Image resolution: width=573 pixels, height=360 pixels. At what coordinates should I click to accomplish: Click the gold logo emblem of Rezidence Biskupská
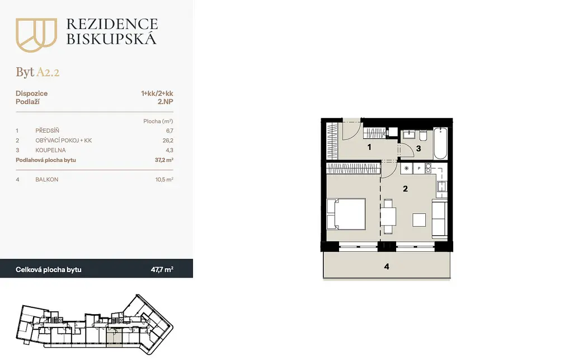pyautogui.click(x=36, y=35)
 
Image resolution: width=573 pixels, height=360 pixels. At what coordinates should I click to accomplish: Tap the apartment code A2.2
pyautogui.click(x=48, y=72)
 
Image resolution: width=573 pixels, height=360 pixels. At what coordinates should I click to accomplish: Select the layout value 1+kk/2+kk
pyautogui.click(x=157, y=93)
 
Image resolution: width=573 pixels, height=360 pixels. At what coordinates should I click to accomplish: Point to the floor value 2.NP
pyautogui.click(x=166, y=102)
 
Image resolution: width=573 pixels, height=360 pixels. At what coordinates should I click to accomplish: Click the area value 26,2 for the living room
pyautogui.click(x=168, y=141)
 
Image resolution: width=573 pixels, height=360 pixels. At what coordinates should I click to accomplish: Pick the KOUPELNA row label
pyautogui.click(x=50, y=150)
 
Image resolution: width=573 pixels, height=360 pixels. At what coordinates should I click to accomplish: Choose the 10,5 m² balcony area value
pyautogui.click(x=164, y=180)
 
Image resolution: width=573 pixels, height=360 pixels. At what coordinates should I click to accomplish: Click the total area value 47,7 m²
pyautogui.click(x=162, y=270)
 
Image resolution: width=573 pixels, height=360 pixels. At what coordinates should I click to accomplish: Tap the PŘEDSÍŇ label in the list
pyautogui.click(x=47, y=130)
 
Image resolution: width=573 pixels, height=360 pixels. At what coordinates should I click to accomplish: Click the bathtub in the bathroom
pyautogui.click(x=440, y=143)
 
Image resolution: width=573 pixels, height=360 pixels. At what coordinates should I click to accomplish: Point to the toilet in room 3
pyautogui.click(x=423, y=135)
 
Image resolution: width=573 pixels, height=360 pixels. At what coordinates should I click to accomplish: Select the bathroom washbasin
pyautogui.click(x=408, y=134)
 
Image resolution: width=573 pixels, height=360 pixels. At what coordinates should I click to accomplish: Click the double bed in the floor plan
pyautogui.click(x=346, y=214)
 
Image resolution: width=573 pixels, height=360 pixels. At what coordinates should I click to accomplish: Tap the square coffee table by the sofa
pyautogui.click(x=419, y=220)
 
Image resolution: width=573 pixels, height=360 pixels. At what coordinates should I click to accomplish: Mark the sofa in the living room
pyautogui.click(x=440, y=218)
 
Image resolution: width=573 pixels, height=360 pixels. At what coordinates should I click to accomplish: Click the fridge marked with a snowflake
pyautogui.click(x=406, y=169)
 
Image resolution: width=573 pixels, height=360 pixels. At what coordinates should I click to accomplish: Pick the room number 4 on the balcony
pyautogui.click(x=387, y=267)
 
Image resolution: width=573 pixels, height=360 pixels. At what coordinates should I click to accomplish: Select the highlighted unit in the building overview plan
pyautogui.click(x=114, y=337)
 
